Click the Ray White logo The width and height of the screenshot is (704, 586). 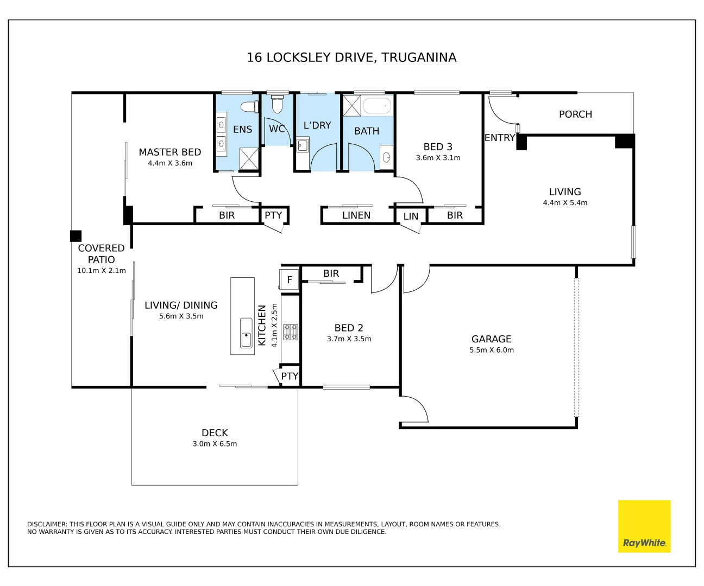644,526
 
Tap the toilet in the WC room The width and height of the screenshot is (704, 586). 277,104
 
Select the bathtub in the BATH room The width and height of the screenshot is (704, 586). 378,106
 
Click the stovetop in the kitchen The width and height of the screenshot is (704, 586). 290,332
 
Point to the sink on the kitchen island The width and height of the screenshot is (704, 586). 246,333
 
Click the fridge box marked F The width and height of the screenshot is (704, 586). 289,279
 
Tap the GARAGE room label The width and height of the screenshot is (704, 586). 491,339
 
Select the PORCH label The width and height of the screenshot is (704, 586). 575,114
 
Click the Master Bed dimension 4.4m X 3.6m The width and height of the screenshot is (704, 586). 170,163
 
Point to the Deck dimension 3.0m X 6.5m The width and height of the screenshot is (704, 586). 215,443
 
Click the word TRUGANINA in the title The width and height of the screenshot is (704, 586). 419,58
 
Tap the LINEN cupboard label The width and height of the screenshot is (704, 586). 356,215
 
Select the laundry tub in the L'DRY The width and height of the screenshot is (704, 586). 303,146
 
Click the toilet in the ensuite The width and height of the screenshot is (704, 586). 249,107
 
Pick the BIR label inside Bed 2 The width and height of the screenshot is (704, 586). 331,273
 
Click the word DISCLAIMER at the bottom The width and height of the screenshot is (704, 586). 47,524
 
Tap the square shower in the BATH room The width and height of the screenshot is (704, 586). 351,106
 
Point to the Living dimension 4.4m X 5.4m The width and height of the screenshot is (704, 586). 565,203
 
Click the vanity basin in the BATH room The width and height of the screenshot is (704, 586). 386,157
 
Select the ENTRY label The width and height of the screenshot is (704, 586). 500,138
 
